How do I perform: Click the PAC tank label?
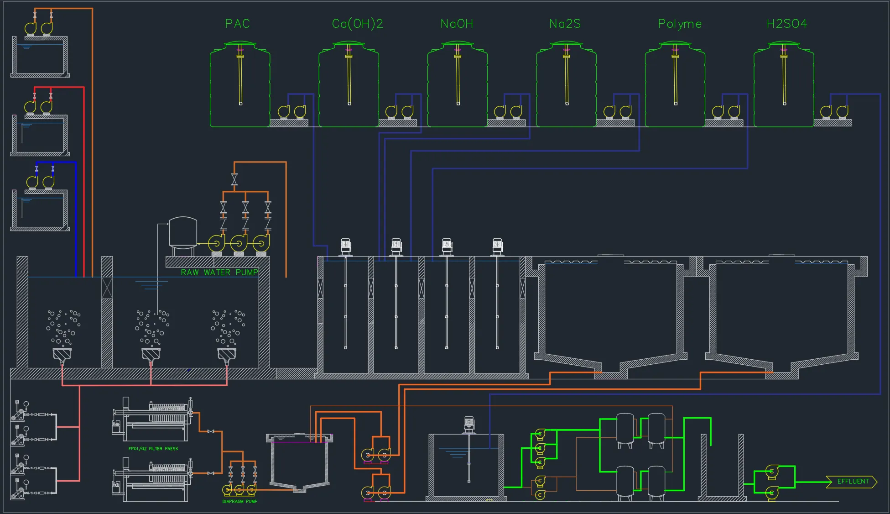click(237, 24)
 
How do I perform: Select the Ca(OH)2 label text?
click(358, 24)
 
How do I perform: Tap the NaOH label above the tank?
click(457, 24)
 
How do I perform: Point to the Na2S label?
click(565, 24)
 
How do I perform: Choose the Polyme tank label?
click(680, 24)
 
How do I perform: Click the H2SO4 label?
click(787, 24)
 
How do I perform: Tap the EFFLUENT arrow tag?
click(852, 482)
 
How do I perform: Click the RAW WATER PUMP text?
click(219, 273)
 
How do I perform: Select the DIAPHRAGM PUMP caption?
click(240, 501)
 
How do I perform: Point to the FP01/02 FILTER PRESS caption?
click(153, 449)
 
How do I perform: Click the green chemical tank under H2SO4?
click(784, 84)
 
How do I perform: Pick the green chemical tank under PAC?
click(240, 84)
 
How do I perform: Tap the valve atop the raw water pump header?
click(234, 179)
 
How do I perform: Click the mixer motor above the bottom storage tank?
click(469, 425)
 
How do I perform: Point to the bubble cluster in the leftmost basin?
click(63, 327)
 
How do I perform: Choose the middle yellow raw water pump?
click(239, 243)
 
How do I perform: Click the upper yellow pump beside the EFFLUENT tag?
click(771, 472)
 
